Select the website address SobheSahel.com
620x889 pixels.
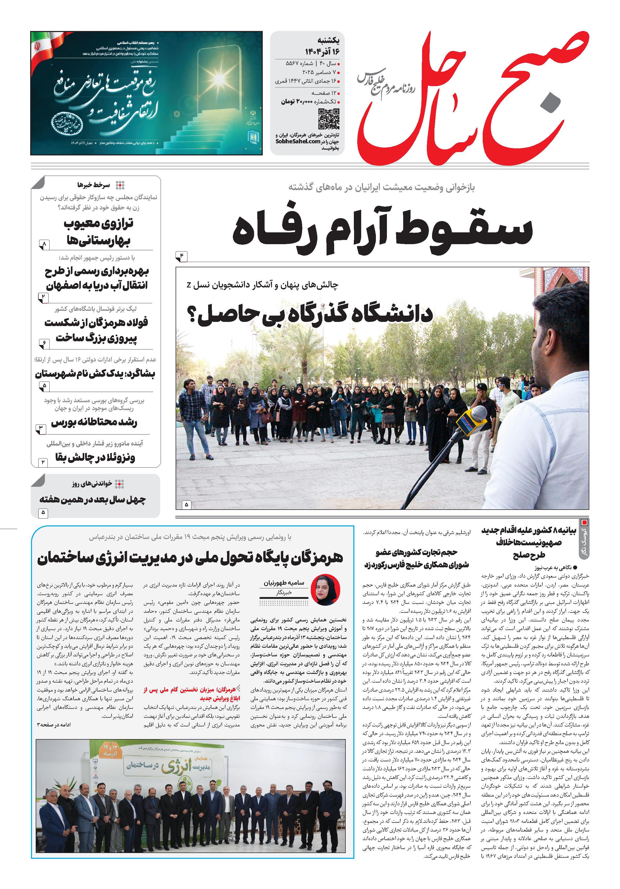[x=298, y=142]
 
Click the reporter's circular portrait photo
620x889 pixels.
[x=325, y=590]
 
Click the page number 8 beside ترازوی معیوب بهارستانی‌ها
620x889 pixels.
[x=44, y=244]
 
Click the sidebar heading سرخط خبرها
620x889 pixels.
[x=94, y=185]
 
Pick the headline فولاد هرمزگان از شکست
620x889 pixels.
[x=96, y=322]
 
